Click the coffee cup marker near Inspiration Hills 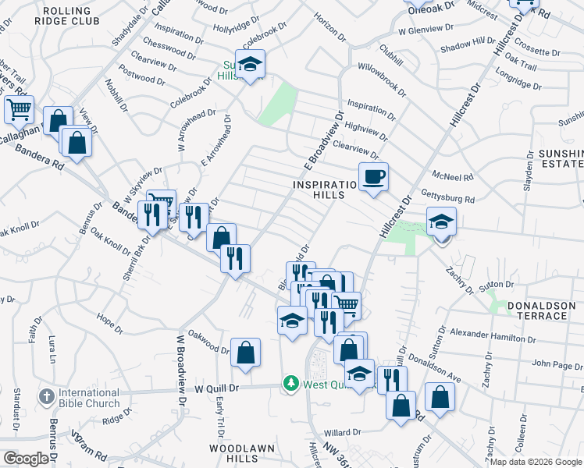coord(374,177)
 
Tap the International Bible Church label coord(88,398)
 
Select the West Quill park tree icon coord(291,384)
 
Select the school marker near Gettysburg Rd coord(440,222)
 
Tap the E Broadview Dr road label coord(323,141)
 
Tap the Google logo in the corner coord(26,458)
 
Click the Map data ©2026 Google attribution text coord(536,462)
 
